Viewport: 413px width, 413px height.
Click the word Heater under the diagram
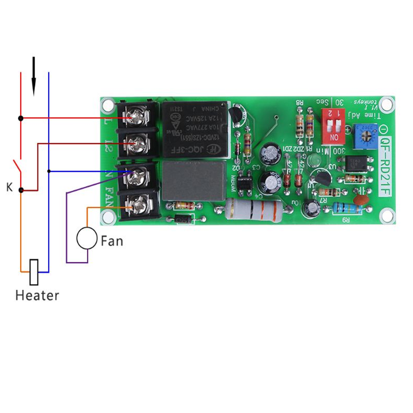coord(37,296)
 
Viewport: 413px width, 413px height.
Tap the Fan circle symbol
coord(87,239)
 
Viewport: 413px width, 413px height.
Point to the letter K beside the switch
coord(9,188)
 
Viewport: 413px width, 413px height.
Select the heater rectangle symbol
coord(34,272)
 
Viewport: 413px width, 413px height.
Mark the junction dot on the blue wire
coord(49,171)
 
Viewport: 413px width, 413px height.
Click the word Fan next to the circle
coord(112,240)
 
